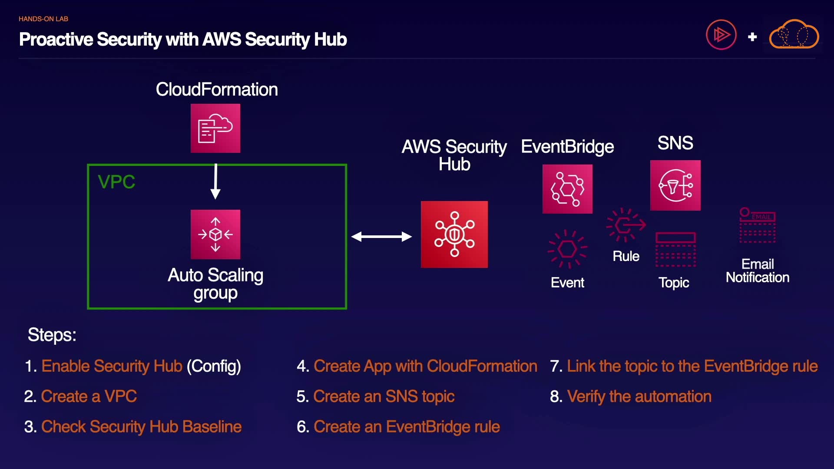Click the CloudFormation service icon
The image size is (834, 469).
pos(215,128)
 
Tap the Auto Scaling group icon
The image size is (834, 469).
pos(215,234)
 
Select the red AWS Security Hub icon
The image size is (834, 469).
pos(454,234)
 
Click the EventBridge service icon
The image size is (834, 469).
pos(567,189)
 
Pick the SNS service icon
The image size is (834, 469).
pos(675,185)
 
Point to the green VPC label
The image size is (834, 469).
pos(116,182)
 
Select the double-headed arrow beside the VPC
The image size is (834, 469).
pos(381,237)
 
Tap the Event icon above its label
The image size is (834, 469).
pos(567,249)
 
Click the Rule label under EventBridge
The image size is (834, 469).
pos(626,256)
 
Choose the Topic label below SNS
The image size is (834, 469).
pos(674,283)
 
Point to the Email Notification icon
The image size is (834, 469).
pos(758,225)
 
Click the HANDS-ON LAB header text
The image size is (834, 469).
pos(43,19)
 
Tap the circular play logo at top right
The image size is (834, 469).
pos(721,35)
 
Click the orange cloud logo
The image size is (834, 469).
pos(794,35)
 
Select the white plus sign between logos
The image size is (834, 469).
pos(752,37)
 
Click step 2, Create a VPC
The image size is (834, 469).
pos(89,396)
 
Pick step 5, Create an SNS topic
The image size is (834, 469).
pos(384,396)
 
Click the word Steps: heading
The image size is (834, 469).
pos(52,335)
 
